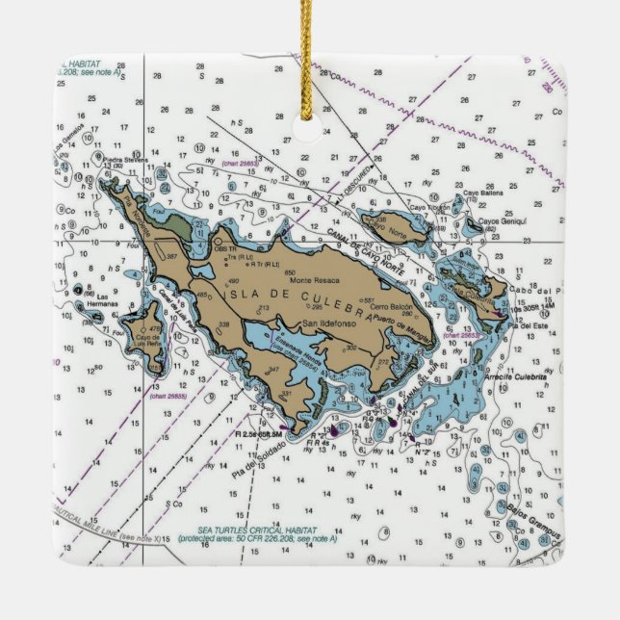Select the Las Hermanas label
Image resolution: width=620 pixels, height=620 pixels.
pos(109,300)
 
